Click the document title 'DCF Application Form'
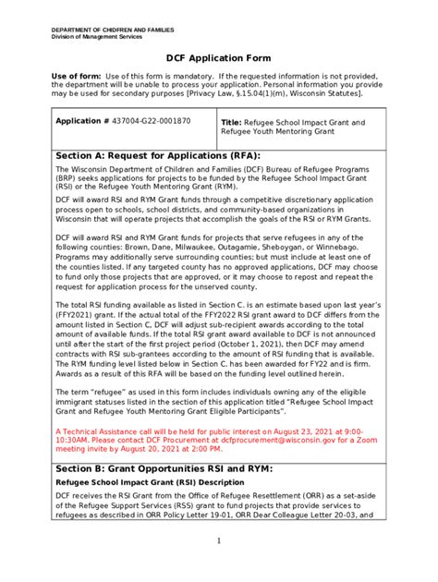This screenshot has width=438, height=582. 219,58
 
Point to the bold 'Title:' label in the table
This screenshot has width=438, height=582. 232,122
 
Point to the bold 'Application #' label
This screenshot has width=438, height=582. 83,121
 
